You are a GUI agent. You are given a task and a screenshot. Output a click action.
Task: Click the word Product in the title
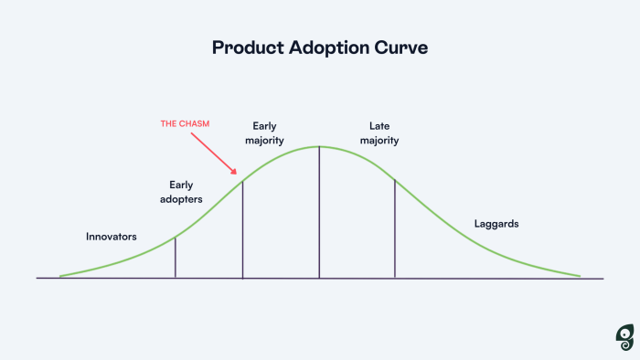coord(244,48)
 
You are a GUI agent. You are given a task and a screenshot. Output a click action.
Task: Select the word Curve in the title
coord(400,48)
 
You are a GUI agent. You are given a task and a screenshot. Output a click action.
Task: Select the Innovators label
coord(112,237)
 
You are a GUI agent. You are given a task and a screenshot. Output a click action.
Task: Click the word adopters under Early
coord(180,198)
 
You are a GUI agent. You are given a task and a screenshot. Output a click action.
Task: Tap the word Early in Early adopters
coord(181,185)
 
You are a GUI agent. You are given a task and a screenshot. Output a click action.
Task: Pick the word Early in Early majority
coord(265,125)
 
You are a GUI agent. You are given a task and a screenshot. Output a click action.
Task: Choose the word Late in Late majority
coord(379,125)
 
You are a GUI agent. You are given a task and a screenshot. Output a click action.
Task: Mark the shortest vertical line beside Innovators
coord(175,258)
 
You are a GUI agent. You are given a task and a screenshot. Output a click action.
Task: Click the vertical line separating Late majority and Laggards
coord(395,228)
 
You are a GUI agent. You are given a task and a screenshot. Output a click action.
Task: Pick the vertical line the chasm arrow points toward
coord(242,228)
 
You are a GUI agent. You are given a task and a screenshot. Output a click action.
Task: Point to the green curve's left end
coord(61,275)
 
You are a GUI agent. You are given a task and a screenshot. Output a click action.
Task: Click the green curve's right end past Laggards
coord(579,275)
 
